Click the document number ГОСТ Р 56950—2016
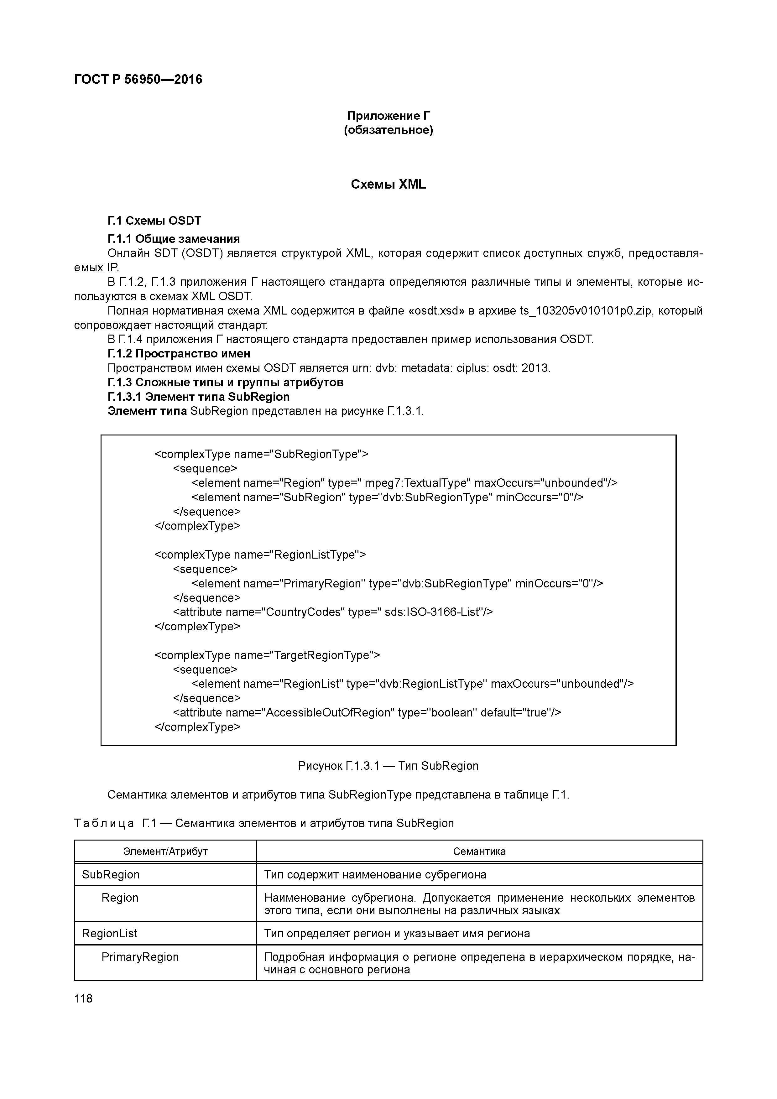(138, 80)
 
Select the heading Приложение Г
(388, 116)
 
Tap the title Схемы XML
(388, 185)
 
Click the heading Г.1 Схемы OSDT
(154, 221)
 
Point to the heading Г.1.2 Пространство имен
(179, 354)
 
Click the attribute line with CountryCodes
(333, 612)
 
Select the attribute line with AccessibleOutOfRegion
(367, 713)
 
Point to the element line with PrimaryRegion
(397, 583)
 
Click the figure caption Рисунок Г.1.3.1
(388, 766)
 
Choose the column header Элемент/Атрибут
(165, 852)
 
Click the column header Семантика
(479, 852)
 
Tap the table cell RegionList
(110, 933)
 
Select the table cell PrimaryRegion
(140, 957)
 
